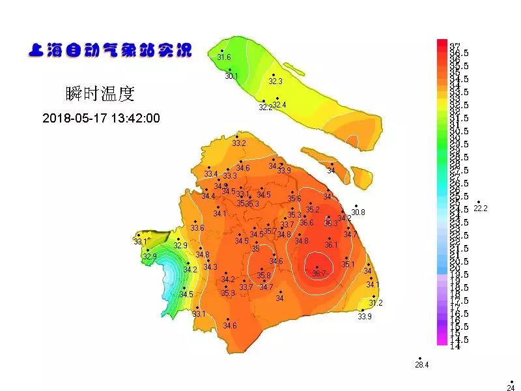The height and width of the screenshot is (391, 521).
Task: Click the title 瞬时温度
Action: click(x=100, y=94)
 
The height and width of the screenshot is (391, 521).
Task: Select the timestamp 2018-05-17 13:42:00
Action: click(x=101, y=119)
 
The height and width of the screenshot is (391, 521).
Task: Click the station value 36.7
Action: click(x=318, y=274)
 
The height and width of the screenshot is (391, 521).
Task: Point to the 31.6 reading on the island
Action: click(x=223, y=57)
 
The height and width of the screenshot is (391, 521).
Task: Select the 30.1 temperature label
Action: click(x=231, y=76)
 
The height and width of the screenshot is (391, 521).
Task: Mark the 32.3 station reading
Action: click(x=275, y=81)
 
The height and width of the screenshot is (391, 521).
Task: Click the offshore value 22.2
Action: click(x=481, y=209)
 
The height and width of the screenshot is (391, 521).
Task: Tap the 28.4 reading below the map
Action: click(x=421, y=365)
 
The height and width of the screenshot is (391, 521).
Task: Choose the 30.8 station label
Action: click(x=358, y=212)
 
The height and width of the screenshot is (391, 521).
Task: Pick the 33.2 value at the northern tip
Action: click(x=239, y=143)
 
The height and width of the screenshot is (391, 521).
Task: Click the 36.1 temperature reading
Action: click(x=331, y=245)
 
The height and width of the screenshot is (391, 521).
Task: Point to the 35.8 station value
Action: click(x=264, y=276)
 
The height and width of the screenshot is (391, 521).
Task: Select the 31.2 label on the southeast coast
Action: click(x=376, y=303)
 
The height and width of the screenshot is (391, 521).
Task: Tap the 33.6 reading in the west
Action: click(x=197, y=228)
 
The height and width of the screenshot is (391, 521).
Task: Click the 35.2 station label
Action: click(x=313, y=210)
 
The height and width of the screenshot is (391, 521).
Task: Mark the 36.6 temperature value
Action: click(x=307, y=223)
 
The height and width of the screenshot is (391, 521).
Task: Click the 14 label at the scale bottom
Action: click(x=455, y=346)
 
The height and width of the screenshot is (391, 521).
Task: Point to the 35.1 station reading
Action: click(x=348, y=265)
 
